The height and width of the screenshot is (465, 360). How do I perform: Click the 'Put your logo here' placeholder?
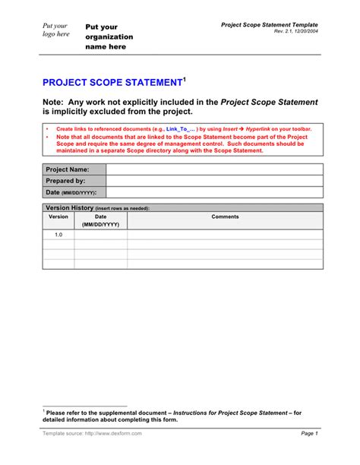tap(55, 30)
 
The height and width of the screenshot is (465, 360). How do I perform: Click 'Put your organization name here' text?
tap(109, 36)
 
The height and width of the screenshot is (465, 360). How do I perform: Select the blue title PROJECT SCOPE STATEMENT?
tap(111, 82)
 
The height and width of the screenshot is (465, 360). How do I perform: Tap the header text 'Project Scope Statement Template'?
tap(270, 24)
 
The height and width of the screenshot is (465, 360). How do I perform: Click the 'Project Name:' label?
tap(68, 169)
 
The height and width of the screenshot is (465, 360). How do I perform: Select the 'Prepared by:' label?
tap(65, 181)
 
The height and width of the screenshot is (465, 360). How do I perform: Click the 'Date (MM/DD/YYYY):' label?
tap(71, 192)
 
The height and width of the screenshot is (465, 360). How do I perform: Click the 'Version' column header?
tap(58, 217)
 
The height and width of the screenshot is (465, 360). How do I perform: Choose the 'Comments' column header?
tap(225, 217)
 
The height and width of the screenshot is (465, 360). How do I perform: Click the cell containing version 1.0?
tap(58, 235)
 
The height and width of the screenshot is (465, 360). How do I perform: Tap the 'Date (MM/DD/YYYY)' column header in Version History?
tap(100, 220)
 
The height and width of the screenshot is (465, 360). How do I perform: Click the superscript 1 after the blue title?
tap(183, 78)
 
